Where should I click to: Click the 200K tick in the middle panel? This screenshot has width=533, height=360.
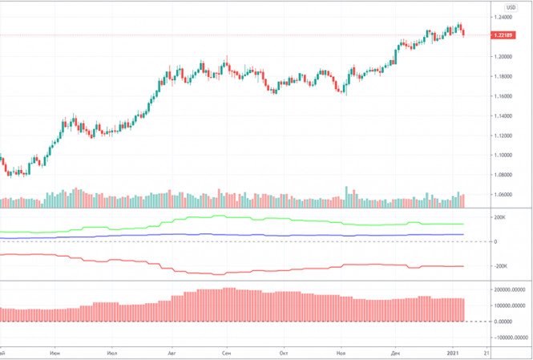point(501,217)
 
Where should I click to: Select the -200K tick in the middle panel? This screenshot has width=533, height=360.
point(501,266)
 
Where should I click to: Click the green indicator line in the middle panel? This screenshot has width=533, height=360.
point(240,217)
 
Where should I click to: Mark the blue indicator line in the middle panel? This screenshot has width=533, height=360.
point(240,235)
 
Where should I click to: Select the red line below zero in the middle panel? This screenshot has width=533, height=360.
point(240,270)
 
